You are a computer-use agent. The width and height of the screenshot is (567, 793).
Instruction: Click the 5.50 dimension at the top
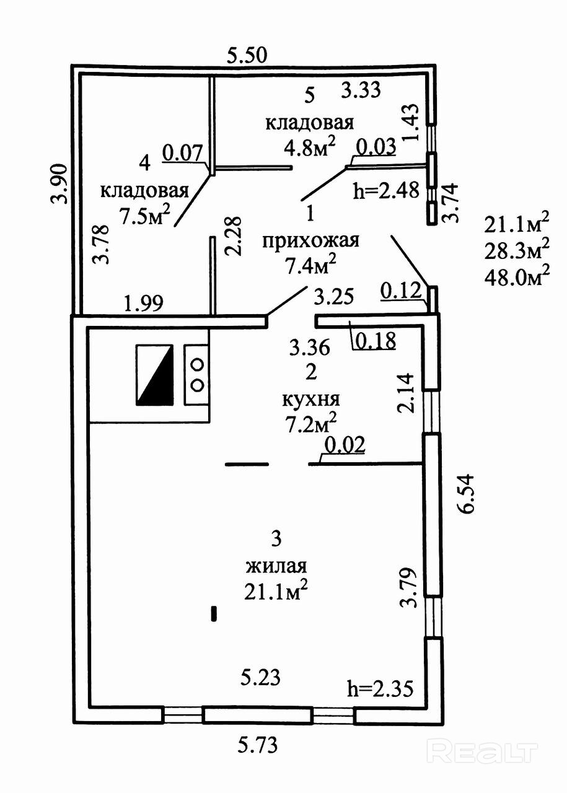247,56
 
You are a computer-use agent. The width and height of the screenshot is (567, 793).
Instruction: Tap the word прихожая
310,240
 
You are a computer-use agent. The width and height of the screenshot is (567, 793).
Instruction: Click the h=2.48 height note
385,190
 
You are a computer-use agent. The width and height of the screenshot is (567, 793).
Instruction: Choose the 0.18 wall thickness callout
374,341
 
